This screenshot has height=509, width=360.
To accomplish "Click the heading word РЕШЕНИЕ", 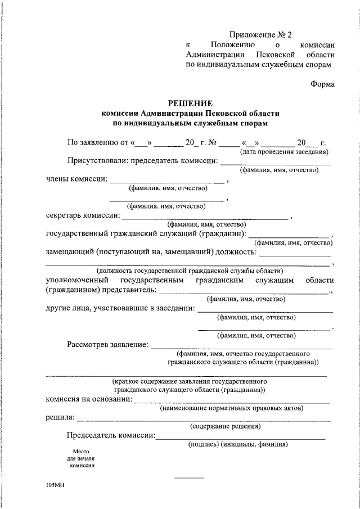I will click(x=191, y=103).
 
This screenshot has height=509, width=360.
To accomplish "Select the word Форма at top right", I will click(x=322, y=84).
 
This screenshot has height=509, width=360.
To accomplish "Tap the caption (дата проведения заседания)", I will click(x=284, y=151).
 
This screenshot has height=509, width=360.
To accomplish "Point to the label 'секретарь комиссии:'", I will click(x=83, y=215).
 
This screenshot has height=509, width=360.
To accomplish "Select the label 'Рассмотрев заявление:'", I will click(x=107, y=344).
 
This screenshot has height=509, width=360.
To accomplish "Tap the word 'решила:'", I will click(x=60, y=417).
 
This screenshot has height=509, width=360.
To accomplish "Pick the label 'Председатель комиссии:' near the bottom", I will click(x=111, y=435).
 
